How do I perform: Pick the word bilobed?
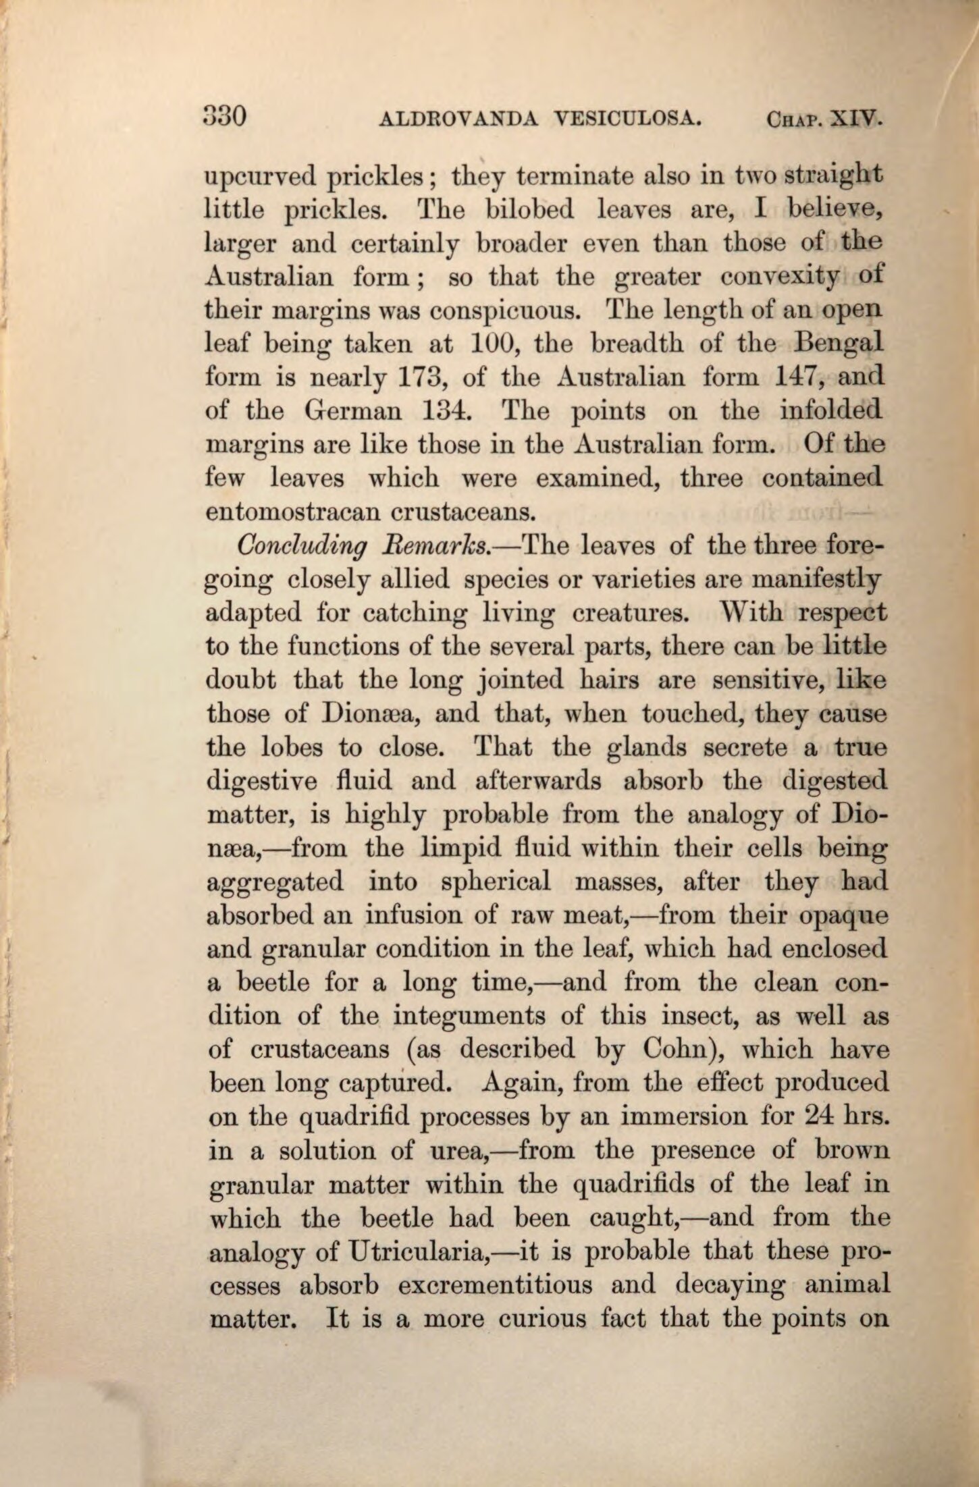(x=530, y=211)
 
